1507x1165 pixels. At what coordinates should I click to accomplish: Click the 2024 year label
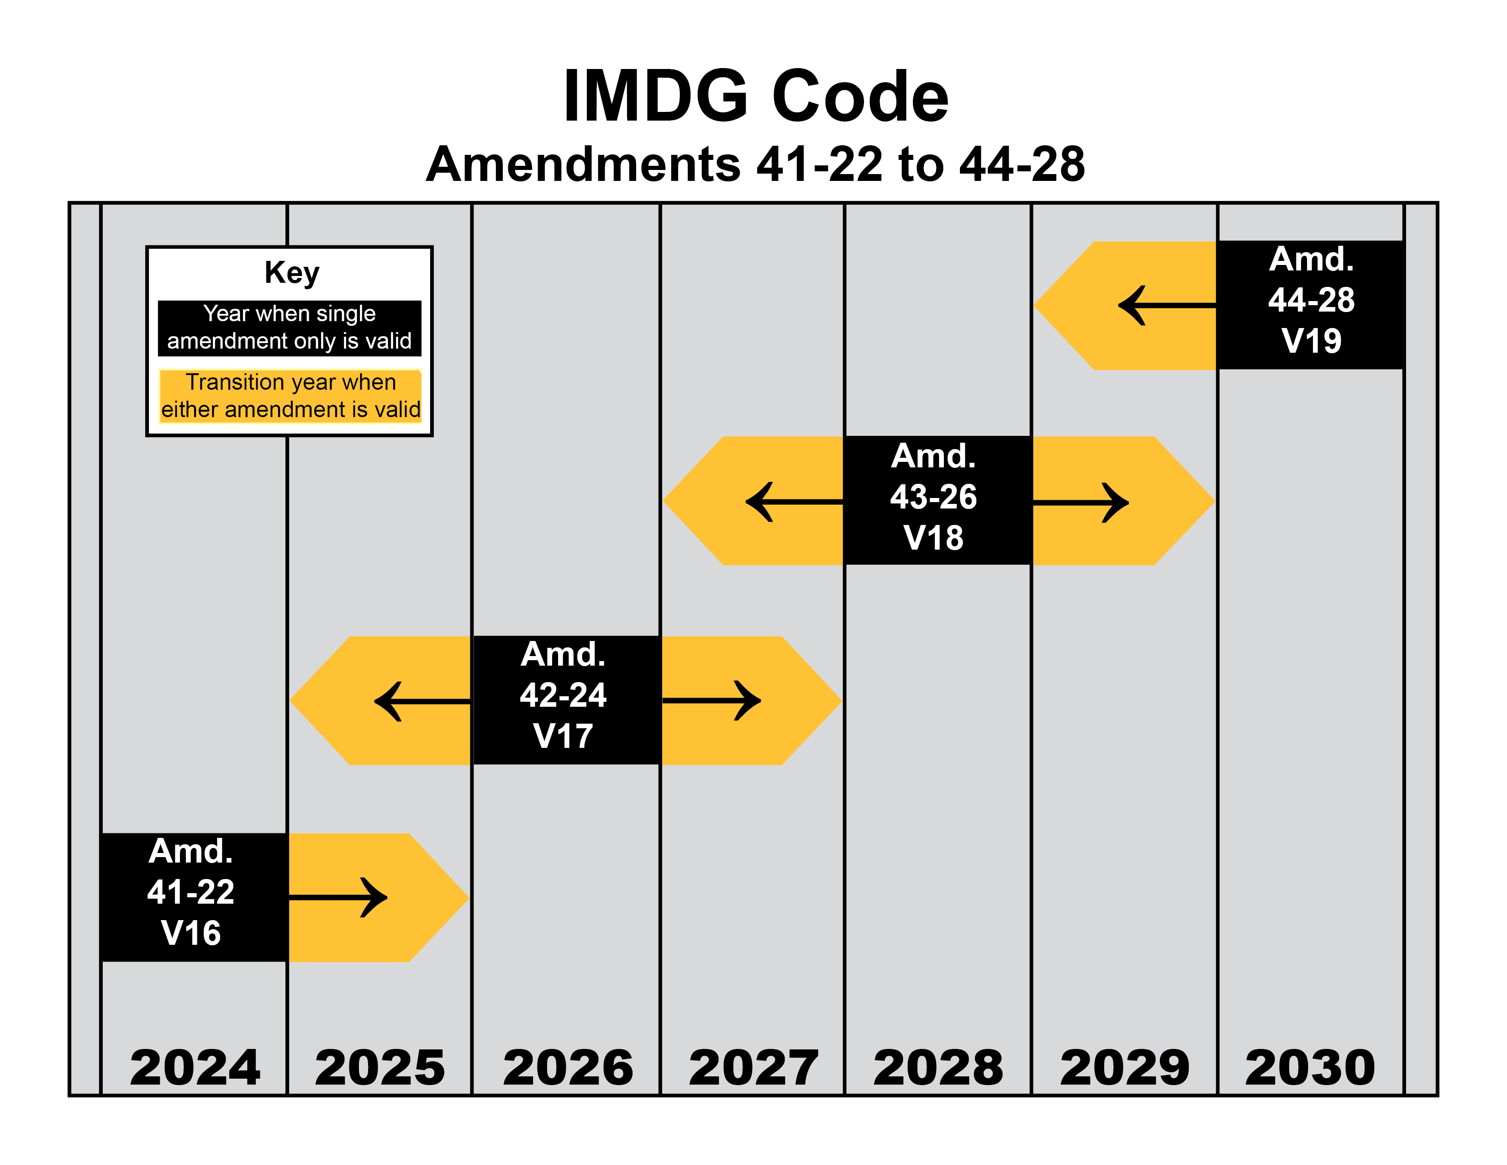tap(195, 1068)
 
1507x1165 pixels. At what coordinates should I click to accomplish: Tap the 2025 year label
tap(380, 1068)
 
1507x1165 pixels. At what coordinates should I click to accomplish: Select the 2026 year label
tap(568, 1068)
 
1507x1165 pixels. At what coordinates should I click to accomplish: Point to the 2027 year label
tap(753, 1068)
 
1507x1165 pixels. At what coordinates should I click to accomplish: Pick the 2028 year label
tap(938, 1068)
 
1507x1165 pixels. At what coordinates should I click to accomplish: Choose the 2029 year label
tap(1125, 1068)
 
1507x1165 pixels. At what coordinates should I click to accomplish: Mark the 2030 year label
tap(1310, 1068)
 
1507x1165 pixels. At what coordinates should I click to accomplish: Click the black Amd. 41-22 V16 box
tap(195, 897)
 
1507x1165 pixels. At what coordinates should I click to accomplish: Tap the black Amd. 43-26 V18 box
tap(938, 500)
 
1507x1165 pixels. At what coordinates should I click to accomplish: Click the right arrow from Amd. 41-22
tap(338, 898)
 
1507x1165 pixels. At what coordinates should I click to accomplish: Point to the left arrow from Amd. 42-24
tap(422, 701)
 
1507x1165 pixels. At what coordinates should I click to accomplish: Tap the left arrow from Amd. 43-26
tap(794, 502)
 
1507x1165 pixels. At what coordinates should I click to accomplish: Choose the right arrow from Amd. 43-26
tap(1080, 503)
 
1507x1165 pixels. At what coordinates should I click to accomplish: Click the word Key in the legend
tap(292, 273)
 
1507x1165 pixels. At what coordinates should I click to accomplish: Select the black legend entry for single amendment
tap(290, 328)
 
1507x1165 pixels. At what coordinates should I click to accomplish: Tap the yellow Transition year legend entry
tap(290, 396)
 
